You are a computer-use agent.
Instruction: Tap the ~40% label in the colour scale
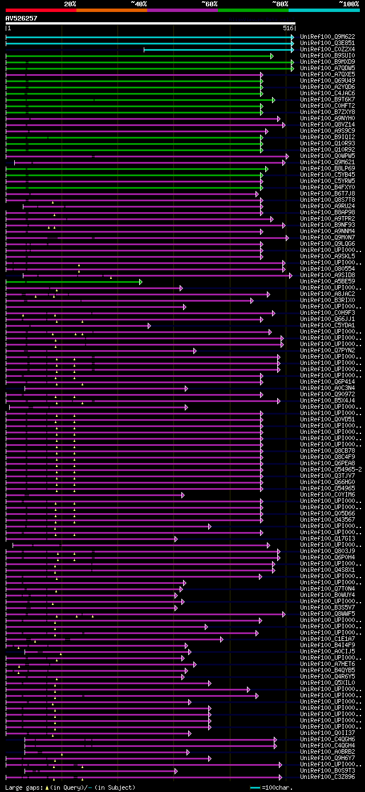[139, 3]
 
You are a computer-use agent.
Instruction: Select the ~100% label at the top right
[348, 3]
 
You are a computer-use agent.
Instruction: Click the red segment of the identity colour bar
[40, 10]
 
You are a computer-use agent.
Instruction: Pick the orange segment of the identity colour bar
[111, 10]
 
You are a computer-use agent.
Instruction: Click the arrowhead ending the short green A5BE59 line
[140, 282]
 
